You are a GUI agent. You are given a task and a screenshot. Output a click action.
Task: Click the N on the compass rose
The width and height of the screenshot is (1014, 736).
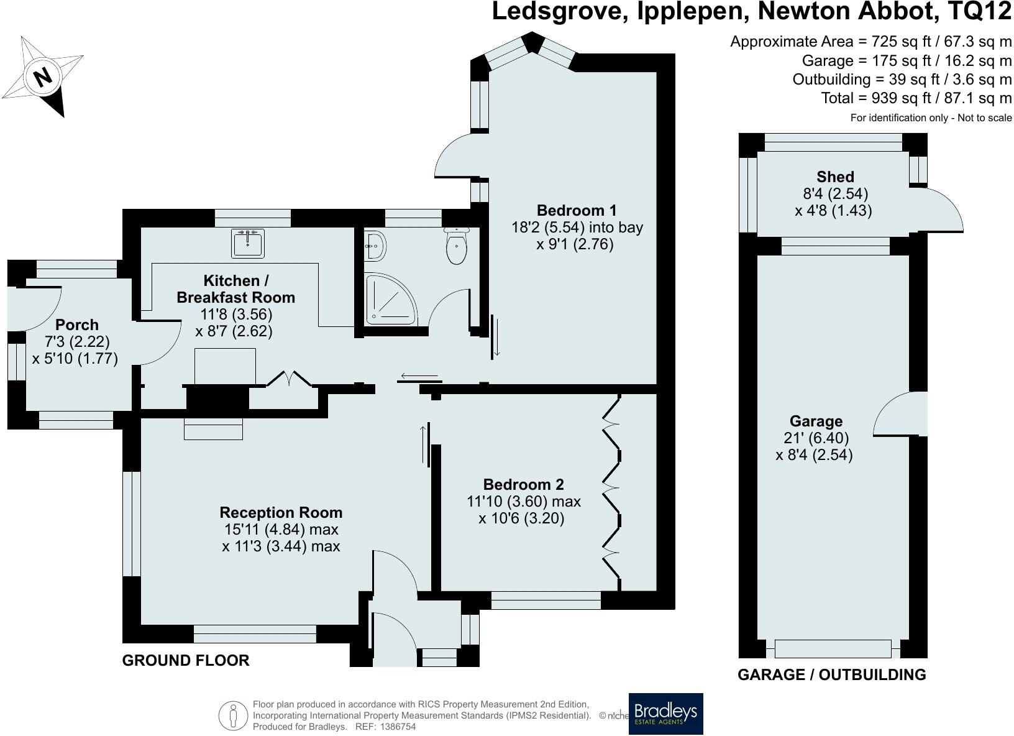click(x=42, y=77)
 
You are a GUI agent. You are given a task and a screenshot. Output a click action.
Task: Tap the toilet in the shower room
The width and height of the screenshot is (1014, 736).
click(x=457, y=247)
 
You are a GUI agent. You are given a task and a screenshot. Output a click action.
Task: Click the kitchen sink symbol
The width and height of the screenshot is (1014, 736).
click(x=249, y=243)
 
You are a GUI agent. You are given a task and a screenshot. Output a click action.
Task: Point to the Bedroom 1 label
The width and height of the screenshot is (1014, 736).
click(x=577, y=210)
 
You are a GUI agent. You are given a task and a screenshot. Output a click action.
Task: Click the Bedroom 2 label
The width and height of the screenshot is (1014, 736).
click(x=523, y=484)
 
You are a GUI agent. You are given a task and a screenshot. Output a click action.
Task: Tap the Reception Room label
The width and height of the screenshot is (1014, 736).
click(x=281, y=513)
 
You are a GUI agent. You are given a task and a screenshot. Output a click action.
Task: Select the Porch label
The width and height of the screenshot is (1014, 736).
click(x=77, y=324)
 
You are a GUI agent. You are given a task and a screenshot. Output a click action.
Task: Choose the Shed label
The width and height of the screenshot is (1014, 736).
click(x=835, y=177)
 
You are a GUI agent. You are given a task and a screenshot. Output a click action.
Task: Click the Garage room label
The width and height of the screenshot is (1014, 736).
click(x=816, y=421)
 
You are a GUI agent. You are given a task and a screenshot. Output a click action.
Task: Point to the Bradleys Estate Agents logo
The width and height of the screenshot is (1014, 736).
click(x=665, y=714)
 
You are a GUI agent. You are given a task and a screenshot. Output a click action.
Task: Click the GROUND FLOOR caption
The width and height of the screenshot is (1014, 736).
click(x=186, y=661)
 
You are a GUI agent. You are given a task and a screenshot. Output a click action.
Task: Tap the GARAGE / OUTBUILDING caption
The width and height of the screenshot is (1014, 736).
click(x=831, y=674)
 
